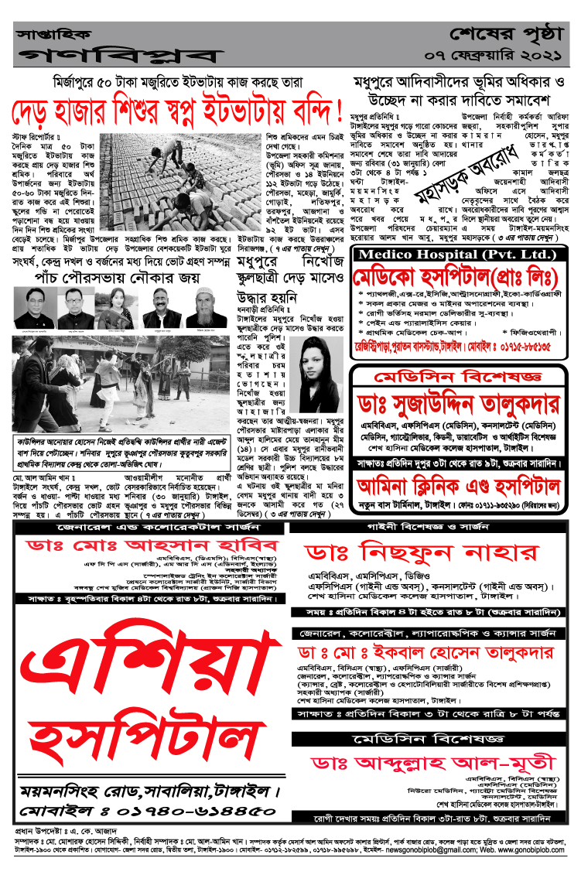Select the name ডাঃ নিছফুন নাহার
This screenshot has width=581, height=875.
(422, 552)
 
